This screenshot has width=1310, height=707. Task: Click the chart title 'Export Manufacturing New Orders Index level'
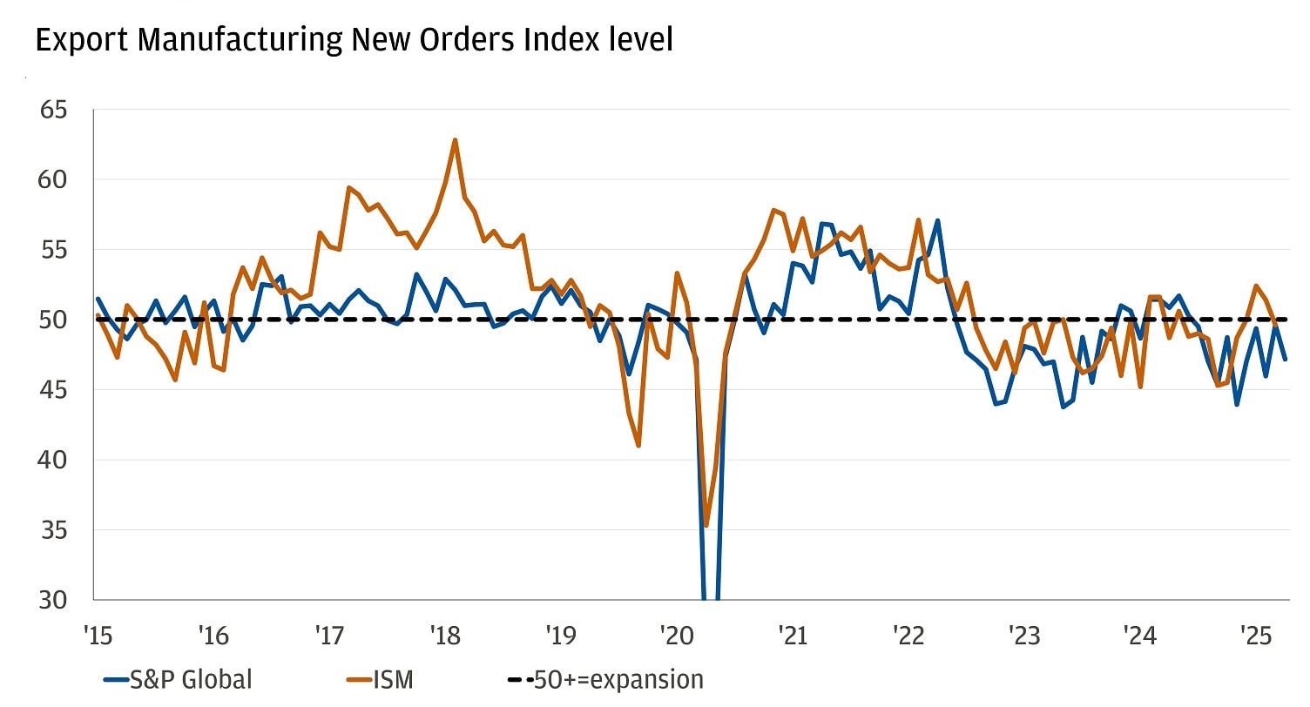tap(354, 41)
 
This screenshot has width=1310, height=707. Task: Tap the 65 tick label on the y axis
tap(54, 111)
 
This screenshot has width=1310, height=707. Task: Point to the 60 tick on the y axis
tap(54, 180)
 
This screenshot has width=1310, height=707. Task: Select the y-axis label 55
tap(54, 250)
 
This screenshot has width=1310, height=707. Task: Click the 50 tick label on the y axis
tap(54, 320)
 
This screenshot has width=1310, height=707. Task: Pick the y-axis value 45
tap(54, 390)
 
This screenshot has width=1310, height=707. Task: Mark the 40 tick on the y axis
tap(54, 460)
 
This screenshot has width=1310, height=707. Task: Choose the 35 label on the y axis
tap(54, 530)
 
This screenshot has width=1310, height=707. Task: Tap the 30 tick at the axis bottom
tap(54, 600)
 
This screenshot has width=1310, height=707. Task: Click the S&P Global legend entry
tap(179, 679)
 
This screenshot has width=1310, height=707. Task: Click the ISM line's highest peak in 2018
tap(455, 139)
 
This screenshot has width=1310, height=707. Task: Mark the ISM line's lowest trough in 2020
tap(706, 525)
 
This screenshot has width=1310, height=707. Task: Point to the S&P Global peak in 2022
tap(937, 220)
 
